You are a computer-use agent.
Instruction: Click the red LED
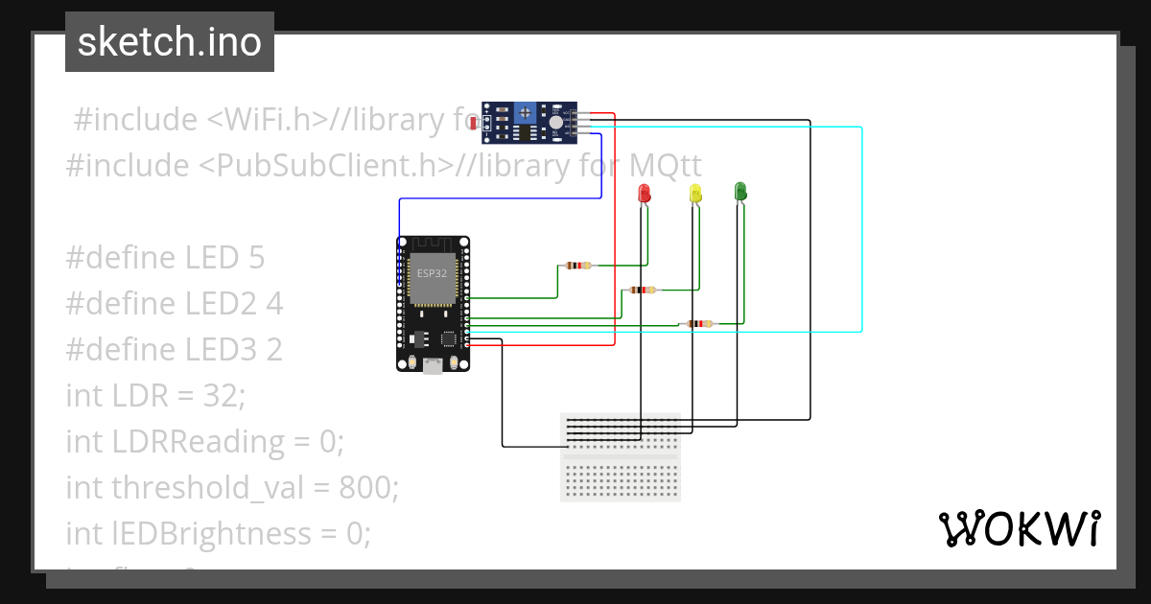coord(644,193)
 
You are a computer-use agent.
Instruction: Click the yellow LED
coord(695,193)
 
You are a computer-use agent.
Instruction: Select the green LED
coord(740,191)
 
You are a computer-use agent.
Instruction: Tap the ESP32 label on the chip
coord(431,273)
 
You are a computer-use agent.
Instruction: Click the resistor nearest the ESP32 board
coord(577,266)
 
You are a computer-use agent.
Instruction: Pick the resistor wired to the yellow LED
coord(642,289)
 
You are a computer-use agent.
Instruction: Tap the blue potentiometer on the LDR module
coord(526,113)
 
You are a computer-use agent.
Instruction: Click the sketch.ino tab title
coord(170,42)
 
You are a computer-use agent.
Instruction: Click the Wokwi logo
coord(1019,529)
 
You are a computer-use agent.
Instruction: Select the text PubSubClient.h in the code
coord(325,165)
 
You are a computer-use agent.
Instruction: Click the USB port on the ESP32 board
coord(434,364)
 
